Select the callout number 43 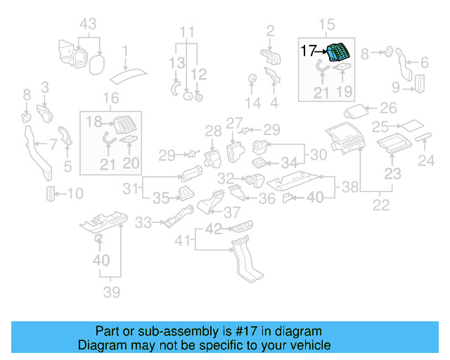pyautogui.click(x=87, y=24)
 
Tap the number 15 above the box pyautogui.click(x=328, y=25)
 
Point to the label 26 pyautogui.click(x=389, y=109)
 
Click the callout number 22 pyautogui.click(x=381, y=205)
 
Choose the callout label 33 pyautogui.click(x=143, y=223)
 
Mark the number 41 pyautogui.click(x=182, y=241)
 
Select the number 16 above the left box pyautogui.click(x=111, y=98)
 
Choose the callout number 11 pyautogui.click(x=186, y=32)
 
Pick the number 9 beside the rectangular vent pyautogui.click(x=396, y=88)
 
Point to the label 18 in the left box pyautogui.click(x=94, y=122)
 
